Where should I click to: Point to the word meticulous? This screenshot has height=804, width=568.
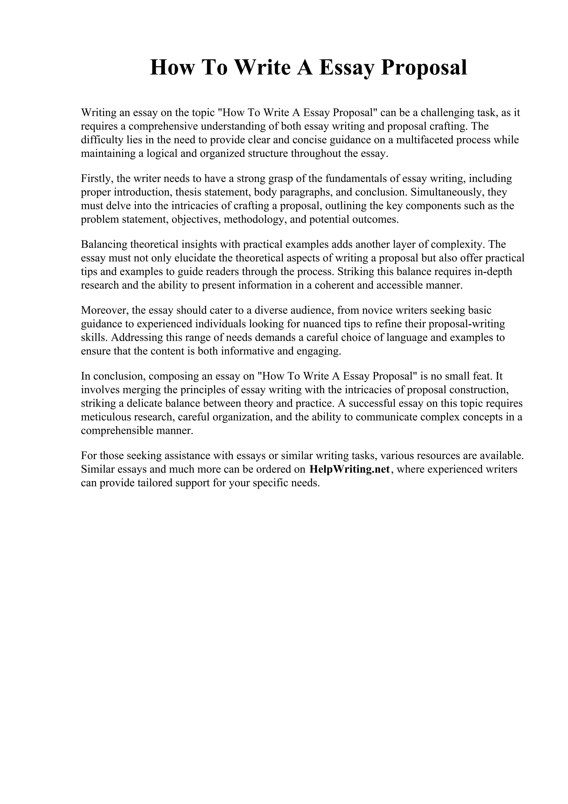click(x=103, y=417)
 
